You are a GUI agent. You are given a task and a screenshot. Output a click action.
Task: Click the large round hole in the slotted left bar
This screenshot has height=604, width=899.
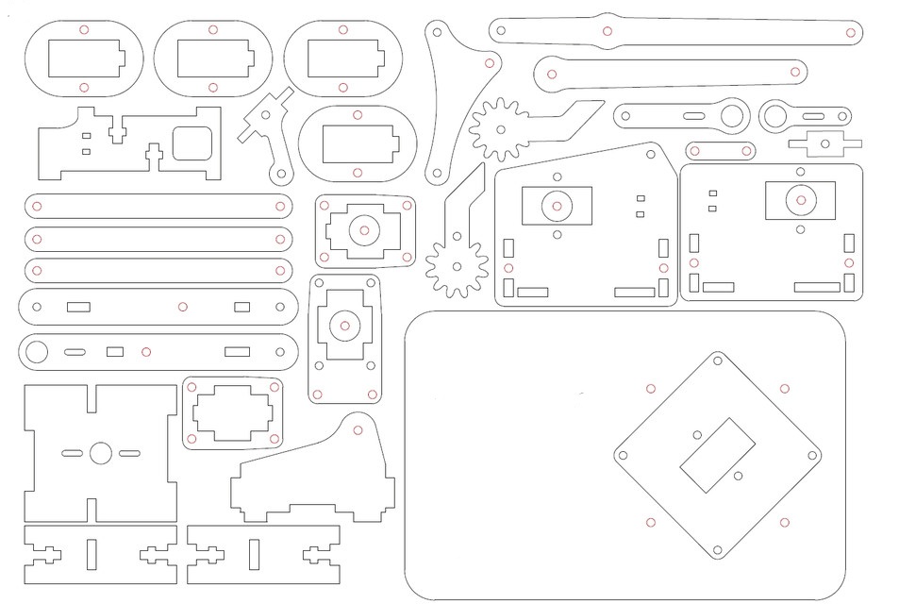[x=36, y=353]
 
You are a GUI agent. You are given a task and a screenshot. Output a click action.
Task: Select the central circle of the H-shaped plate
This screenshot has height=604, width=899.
[x=101, y=453]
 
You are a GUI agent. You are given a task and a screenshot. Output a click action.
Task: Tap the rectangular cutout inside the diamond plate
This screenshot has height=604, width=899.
[x=719, y=454]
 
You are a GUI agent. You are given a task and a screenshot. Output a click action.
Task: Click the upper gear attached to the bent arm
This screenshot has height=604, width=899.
[x=498, y=129]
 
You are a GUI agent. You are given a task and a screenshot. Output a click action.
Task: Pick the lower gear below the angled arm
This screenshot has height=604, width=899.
[x=456, y=266]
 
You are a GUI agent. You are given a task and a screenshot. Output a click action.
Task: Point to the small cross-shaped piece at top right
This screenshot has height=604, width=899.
[x=825, y=144]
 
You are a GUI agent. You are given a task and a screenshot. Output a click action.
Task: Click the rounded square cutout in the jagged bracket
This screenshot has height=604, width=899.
[x=194, y=144]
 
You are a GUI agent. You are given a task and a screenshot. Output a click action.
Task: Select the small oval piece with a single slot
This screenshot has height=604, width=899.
[x=720, y=151]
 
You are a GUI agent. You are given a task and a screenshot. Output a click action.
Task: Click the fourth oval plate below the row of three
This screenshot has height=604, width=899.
[x=358, y=144]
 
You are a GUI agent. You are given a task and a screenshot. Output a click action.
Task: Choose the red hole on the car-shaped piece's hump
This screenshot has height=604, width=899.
[x=358, y=430]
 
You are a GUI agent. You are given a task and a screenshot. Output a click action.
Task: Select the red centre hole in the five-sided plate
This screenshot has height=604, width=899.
[x=557, y=206]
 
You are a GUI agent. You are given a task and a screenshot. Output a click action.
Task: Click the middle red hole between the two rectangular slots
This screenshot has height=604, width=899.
[x=182, y=307]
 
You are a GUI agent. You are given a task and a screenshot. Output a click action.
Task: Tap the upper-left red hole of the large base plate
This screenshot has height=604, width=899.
[x=650, y=388]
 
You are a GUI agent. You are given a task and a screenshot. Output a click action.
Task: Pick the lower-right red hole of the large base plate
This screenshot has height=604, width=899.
[x=784, y=523]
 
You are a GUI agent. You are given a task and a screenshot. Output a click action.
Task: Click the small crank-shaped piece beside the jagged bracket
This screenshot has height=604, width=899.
[x=268, y=132]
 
